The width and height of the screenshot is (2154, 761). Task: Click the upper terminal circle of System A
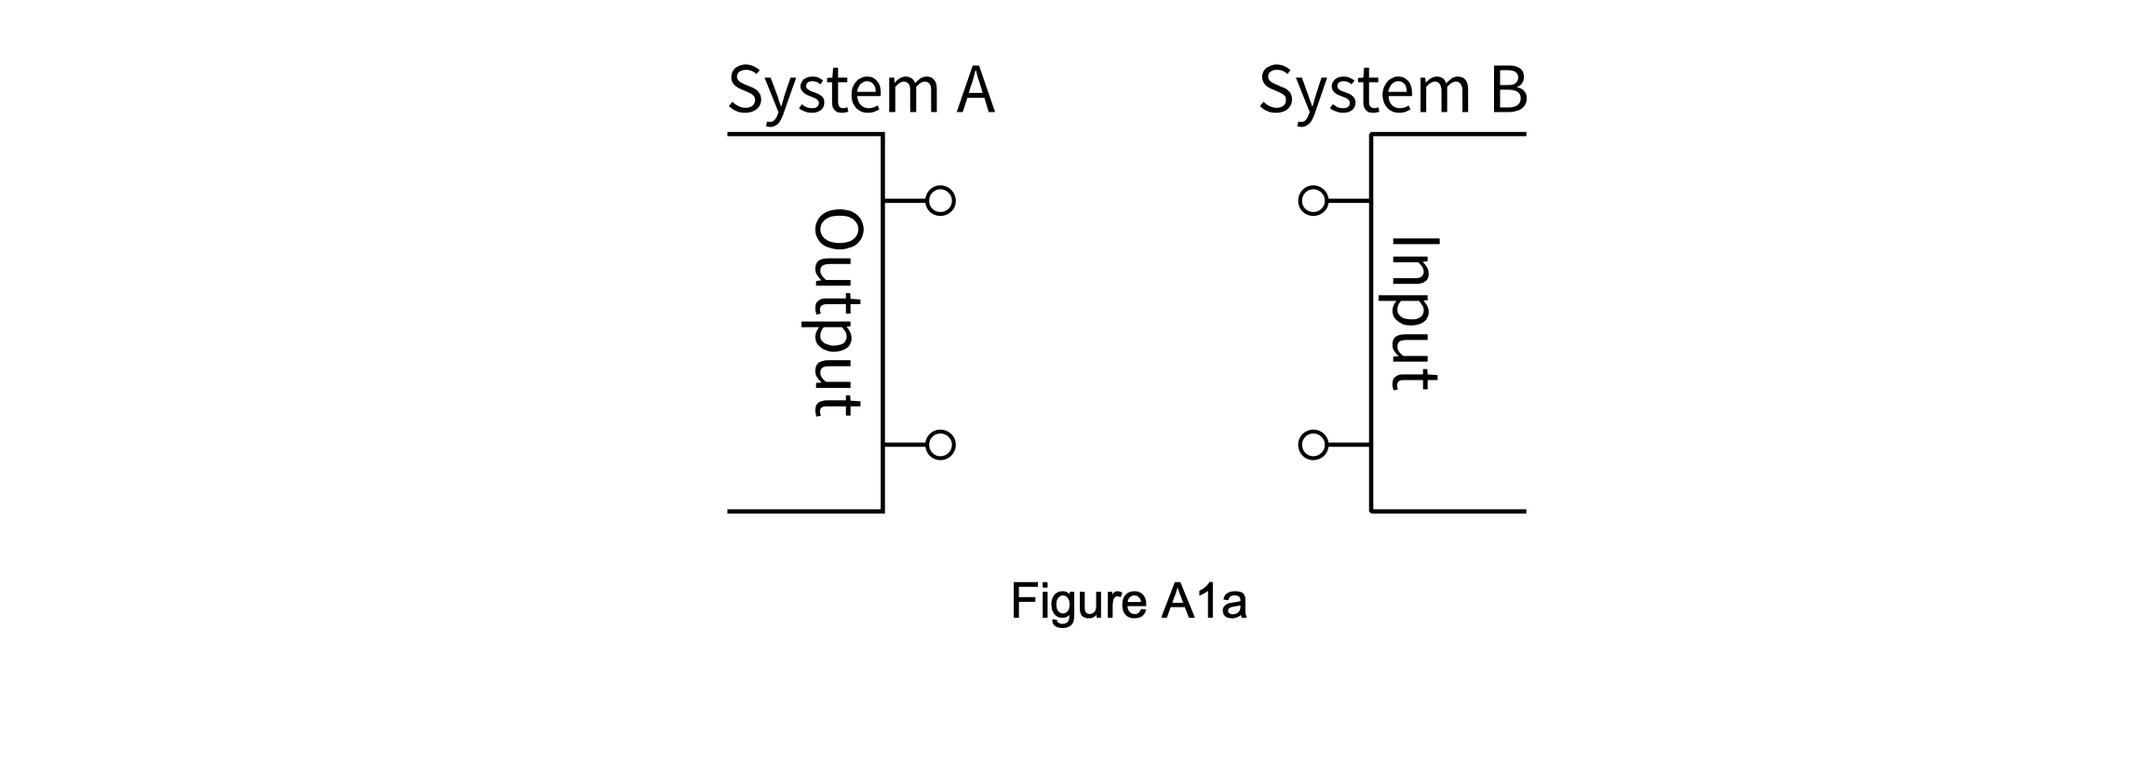click(940, 201)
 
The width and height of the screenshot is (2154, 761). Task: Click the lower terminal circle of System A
click(940, 446)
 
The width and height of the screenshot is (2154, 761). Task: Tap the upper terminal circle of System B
click(1313, 201)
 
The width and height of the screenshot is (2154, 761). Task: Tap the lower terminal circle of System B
click(1313, 446)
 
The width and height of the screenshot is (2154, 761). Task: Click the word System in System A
click(833, 91)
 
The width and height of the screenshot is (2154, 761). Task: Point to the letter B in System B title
click(1505, 91)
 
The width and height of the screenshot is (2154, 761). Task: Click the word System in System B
click(1365, 91)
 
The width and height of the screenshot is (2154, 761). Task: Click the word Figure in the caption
click(1078, 602)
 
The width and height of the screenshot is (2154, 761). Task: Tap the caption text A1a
click(1204, 602)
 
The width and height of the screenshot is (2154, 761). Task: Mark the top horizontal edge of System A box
click(805, 135)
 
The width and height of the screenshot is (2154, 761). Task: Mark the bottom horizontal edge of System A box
click(805, 511)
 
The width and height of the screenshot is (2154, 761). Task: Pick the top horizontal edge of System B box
click(1448, 135)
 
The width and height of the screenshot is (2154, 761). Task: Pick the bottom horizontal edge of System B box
click(1448, 511)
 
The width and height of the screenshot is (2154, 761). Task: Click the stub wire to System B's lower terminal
click(1349, 446)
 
